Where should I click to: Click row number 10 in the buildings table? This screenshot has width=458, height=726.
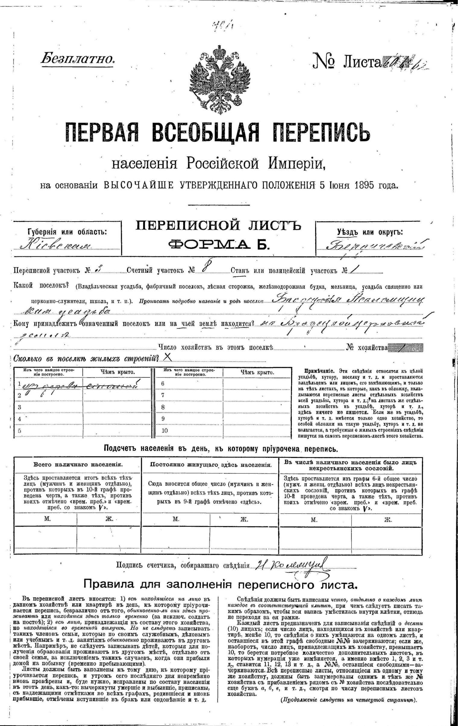click(165, 431)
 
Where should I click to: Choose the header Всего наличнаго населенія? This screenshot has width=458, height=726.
click(78, 465)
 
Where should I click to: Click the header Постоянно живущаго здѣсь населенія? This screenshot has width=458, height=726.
click(211, 465)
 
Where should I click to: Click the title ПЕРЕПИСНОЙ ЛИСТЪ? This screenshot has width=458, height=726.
click(218, 226)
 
